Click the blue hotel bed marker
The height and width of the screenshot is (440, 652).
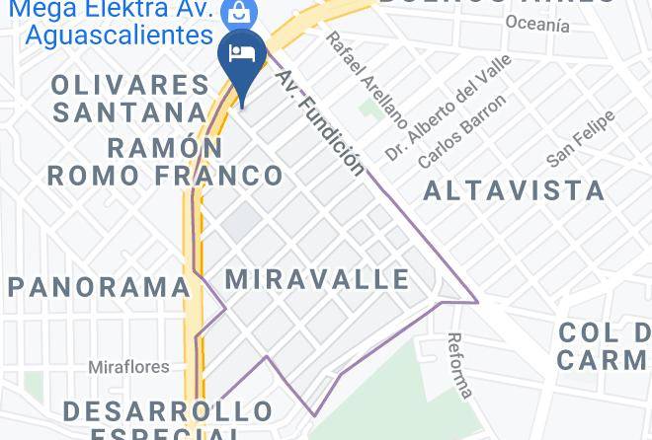coord(239,55)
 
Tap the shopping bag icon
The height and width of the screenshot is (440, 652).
coord(237,13)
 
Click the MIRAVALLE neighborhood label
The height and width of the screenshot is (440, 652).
coord(317,279)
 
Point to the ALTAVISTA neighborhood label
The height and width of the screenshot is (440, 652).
coord(514,190)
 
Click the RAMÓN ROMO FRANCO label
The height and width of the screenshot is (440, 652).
coord(165,163)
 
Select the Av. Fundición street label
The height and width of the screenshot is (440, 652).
coord(320,121)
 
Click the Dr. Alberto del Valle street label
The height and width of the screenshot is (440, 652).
coord(449,108)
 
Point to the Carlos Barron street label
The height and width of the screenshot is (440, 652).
coord(461,130)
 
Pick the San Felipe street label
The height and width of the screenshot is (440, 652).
coord(581,139)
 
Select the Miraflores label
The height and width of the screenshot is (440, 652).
coord(128,367)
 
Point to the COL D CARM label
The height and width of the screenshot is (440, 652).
coord(603,346)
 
